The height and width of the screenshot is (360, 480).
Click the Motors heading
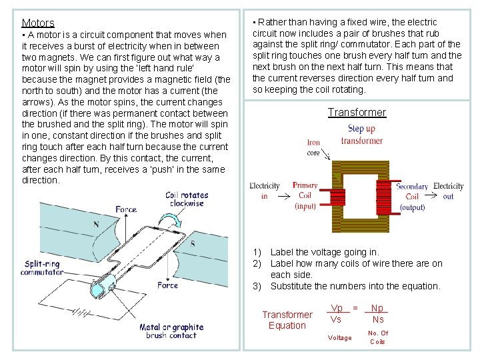(x=38, y=23)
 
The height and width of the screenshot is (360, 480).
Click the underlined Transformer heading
(x=357, y=113)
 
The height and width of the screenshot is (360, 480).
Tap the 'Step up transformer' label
(x=361, y=135)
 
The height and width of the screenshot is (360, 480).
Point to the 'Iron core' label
(x=313, y=147)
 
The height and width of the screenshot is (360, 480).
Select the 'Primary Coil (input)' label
(x=305, y=196)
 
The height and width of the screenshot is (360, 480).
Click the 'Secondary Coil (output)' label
(x=412, y=197)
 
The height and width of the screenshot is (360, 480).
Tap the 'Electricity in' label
(x=265, y=191)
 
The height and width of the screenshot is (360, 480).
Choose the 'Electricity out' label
(x=448, y=191)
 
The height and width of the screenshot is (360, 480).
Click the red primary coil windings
(x=339, y=197)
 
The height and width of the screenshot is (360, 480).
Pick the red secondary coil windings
(x=383, y=197)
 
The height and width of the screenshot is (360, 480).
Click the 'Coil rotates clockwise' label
(x=187, y=199)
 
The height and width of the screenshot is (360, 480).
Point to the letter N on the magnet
(x=96, y=225)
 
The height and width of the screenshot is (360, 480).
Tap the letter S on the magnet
(x=193, y=244)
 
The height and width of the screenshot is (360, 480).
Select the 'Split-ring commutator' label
(x=41, y=268)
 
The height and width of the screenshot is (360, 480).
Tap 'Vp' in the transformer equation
(x=337, y=309)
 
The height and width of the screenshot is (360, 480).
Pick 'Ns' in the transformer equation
(x=378, y=319)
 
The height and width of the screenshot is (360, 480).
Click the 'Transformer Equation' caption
(x=287, y=320)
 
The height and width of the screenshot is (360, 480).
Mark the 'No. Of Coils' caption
(x=377, y=337)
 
